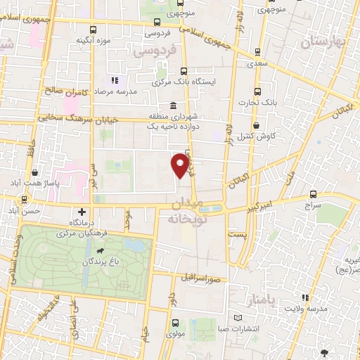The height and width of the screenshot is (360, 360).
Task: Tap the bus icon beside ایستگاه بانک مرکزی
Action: [x=184, y=71]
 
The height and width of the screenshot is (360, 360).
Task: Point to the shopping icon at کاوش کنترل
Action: [x=255, y=125]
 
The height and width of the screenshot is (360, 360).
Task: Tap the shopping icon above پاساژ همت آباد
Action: [x=34, y=172]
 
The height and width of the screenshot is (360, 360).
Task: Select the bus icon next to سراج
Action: [x=312, y=195]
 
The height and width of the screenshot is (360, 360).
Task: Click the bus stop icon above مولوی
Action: [x=175, y=323]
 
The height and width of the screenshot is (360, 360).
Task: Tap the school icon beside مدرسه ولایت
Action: [x=305, y=297]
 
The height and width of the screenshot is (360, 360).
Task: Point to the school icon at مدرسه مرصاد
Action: [x=115, y=81]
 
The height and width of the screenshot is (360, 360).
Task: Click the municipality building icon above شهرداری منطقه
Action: [x=172, y=105]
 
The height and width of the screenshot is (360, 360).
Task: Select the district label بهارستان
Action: [x=324, y=43]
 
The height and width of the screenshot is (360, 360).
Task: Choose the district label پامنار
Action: [x=264, y=301]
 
